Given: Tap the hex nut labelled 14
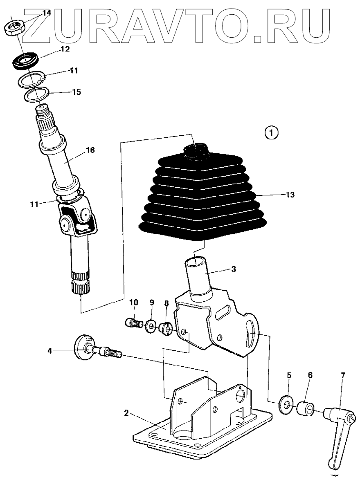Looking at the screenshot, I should (15, 28).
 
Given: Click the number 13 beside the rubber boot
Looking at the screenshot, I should (290, 195).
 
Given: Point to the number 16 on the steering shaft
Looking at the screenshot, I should (90, 150).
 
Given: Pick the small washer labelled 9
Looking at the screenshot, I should (151, 326).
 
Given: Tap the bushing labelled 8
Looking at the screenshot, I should (166, 328).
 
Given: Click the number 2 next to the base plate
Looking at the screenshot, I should (126, 413).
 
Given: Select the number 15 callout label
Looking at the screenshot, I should (76, 92).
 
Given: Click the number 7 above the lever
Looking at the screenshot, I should (342, 375).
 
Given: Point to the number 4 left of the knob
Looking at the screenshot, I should (50, 350).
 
